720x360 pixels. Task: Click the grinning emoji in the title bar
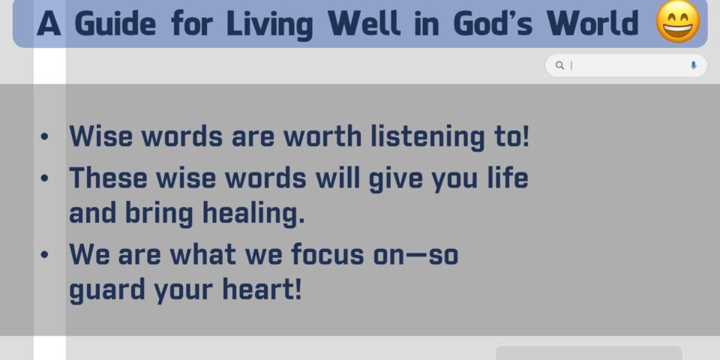coord(678,21)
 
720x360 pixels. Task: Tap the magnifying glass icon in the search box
coord(559,65)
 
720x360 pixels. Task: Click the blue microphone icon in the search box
coord(693,65)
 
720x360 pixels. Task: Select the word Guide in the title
coord(115,23)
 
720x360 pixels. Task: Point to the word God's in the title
coord(493,23)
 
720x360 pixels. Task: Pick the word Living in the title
coord(269,24)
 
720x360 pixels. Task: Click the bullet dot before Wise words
coord(44,136)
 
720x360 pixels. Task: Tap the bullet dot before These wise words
coord(44,178)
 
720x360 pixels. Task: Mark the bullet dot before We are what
coord(44,254)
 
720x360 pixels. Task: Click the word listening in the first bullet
coord(427,137)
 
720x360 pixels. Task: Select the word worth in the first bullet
coord(322,136)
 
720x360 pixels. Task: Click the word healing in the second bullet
coord(253,214)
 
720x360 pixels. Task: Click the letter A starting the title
coord(49,23)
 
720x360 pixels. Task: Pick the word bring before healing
coord(159,214)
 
